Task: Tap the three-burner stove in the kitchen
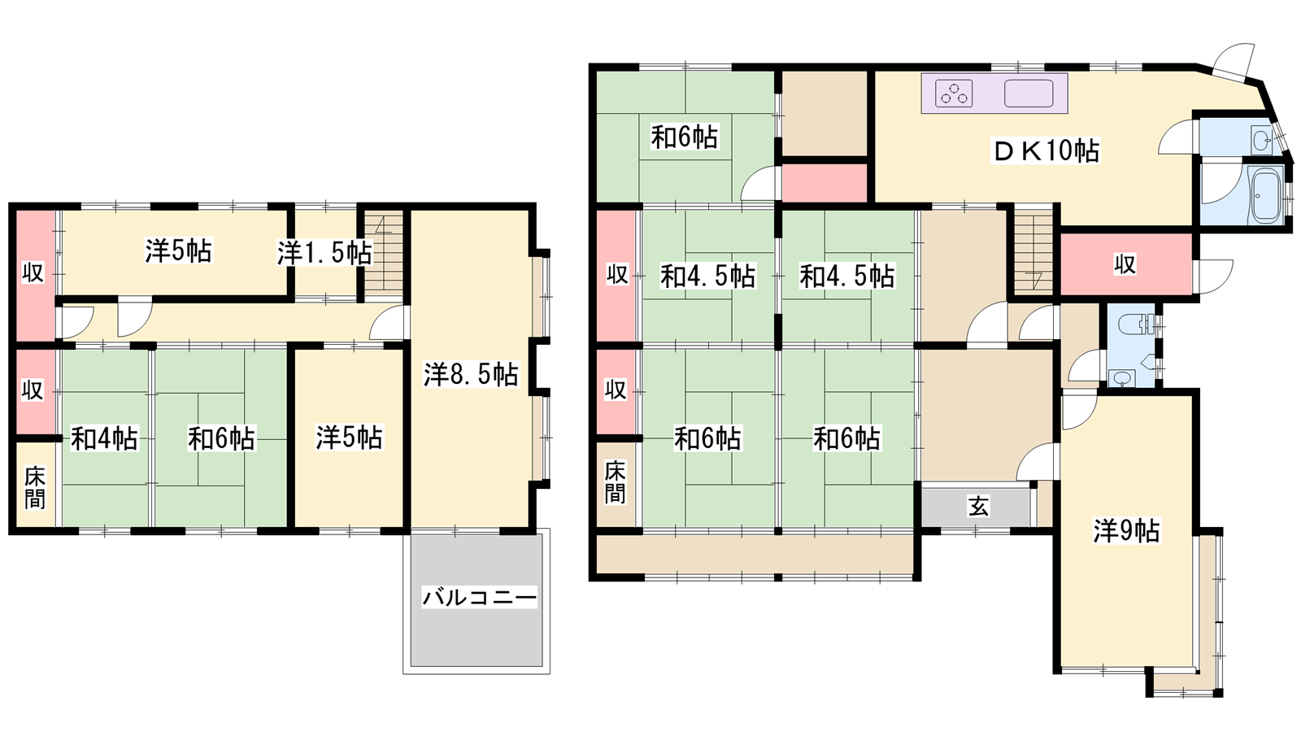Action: pos(954,93)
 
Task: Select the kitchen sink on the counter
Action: pos(1029,93)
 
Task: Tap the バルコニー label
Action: pos(479,597)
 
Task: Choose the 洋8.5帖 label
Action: pos(471,375)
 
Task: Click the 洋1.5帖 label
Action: pos(324,253)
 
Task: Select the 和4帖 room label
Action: pos(105,438)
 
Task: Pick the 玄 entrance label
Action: pos(978,507)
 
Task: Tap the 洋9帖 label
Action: pos(1127,530)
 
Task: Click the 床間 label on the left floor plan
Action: pos(35,487)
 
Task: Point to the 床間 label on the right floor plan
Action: pos(615,482)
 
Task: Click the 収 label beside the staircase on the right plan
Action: pos(1125,265)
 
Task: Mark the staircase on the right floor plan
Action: pos(1033,251)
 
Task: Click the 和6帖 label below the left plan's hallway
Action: pos(221,438)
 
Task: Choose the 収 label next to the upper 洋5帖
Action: pos(33,272)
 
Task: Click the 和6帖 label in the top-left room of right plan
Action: pos(685,137)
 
